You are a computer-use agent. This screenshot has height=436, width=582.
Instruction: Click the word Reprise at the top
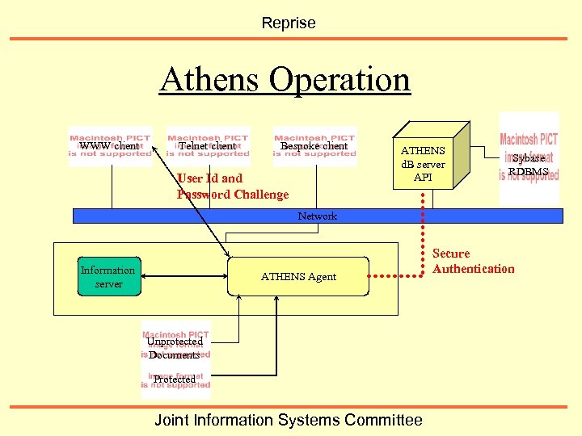coord(289,23)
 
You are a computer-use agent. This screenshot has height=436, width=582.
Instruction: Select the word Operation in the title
coord(339,80)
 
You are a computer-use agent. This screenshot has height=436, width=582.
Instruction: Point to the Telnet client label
coord(207,146)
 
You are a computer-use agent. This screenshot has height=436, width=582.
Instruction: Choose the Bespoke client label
coord(314,146)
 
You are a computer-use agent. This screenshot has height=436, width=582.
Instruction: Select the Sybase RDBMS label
coord(529,165)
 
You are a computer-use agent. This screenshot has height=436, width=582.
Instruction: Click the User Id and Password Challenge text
coord(232,187)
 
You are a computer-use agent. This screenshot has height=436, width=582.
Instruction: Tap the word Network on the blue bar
coord(318,216)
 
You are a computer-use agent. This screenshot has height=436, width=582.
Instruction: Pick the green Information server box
coord(108,277)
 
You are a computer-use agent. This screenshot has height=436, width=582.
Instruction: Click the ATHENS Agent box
coord(298,277)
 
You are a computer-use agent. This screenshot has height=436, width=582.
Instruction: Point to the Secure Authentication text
coord(473,261)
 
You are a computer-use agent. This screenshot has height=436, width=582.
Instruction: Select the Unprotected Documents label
coord(175,348)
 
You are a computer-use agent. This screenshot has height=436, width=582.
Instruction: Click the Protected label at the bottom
coord(174,379)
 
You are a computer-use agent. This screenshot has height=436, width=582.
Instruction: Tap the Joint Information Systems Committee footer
coord(289,420)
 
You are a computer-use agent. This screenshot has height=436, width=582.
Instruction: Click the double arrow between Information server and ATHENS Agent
coord(183,277)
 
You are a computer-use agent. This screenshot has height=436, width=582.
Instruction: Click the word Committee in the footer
coord(383,420)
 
